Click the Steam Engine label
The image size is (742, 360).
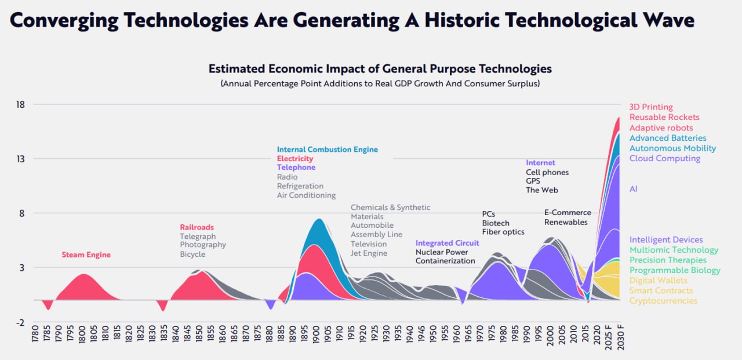pos(86,255)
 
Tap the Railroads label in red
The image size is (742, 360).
pos(197,227)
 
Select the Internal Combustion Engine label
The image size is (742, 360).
pos(327,150)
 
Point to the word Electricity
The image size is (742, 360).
pos(294,159)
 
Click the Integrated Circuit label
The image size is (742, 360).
pos(447,243)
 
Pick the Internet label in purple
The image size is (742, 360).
pos(540,163)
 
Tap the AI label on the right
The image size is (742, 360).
pos(634,189)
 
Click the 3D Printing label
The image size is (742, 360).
pos(651,107)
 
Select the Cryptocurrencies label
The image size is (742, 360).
pos(663,301)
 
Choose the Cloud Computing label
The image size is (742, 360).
pos(665,158)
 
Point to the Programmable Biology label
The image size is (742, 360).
pos(675,270)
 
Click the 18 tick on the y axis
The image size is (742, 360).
pos(21,105)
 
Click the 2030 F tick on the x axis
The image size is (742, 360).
pos(620,341)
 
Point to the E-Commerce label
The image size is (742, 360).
pos(568,213)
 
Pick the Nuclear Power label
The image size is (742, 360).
pos(441,252)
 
